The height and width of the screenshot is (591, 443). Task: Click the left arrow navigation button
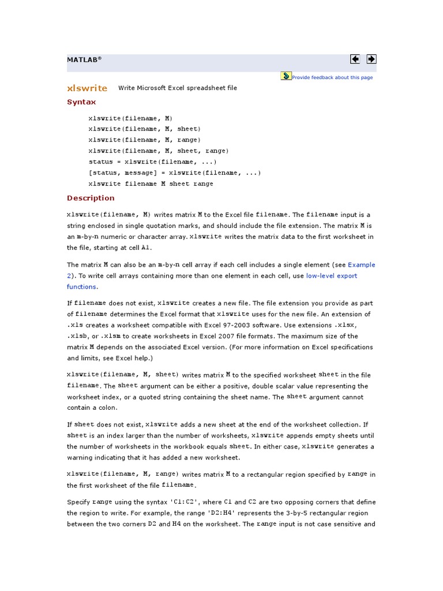355,59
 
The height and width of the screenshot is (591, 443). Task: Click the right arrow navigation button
371,59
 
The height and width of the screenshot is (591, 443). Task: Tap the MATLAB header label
84,59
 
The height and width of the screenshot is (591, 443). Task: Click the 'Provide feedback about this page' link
332,77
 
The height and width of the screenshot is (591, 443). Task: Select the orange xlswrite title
87,88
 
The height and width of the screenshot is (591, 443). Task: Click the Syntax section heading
81,102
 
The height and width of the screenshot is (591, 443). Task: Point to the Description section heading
91,198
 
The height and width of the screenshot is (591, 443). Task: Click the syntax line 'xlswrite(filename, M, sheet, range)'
159,151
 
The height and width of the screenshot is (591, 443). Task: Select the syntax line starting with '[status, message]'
175,173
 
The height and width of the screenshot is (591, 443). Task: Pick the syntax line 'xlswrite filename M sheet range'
151,184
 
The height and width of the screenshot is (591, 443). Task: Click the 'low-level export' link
332,276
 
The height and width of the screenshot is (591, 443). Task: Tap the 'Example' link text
362,265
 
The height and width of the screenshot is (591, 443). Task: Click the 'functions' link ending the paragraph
81,287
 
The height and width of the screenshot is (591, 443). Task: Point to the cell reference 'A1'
146,248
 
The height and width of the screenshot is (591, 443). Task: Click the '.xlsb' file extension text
78,336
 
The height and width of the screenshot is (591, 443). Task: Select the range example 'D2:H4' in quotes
251,513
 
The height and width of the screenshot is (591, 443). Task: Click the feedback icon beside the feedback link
286,76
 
